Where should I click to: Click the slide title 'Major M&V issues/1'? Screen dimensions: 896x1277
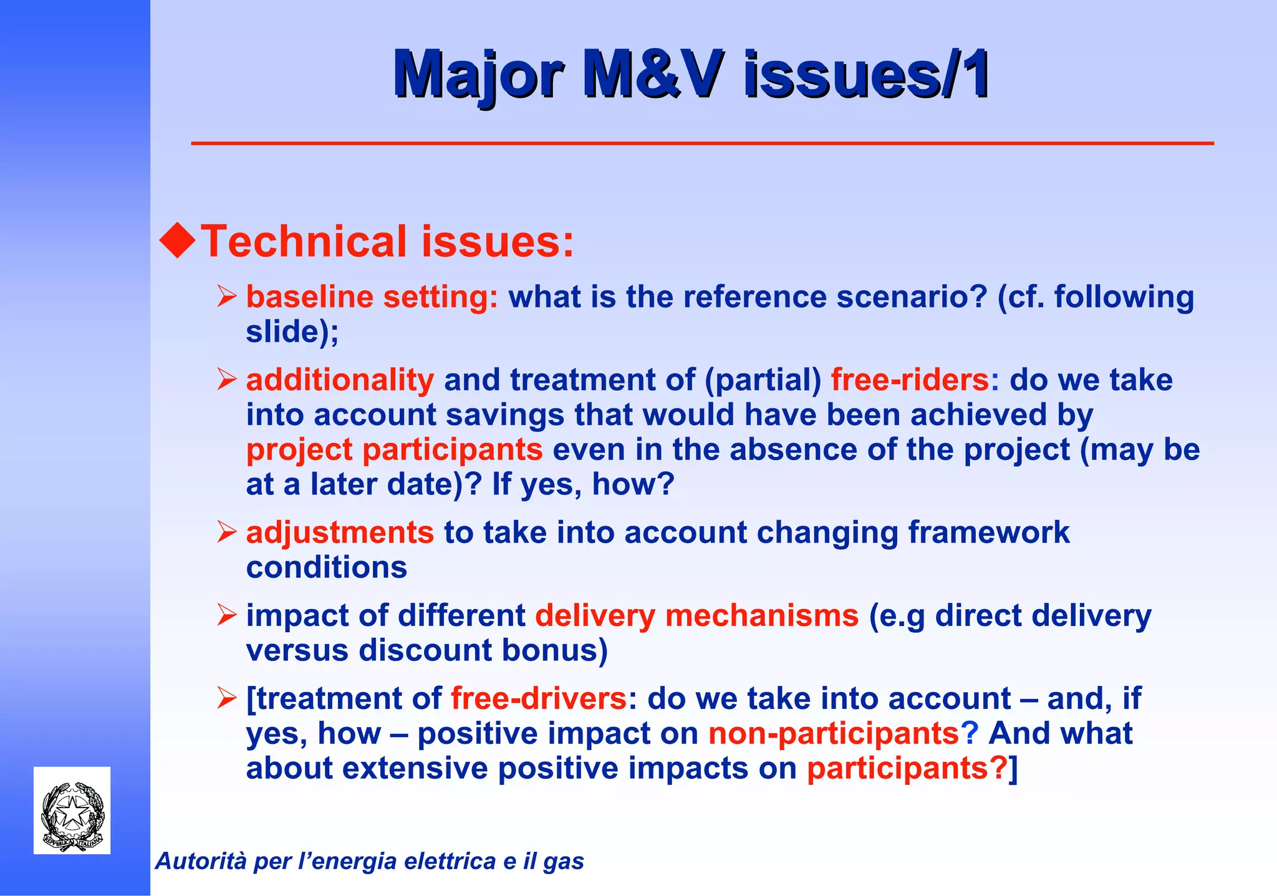pos(691,75)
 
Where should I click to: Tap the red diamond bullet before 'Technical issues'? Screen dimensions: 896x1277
pos(178,241)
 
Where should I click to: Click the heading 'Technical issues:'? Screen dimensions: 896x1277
pos(387,242)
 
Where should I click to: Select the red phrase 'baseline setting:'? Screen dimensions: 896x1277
pos(372,297)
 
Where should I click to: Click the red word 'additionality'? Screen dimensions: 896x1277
pos(340,380)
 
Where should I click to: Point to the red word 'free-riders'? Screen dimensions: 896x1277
pos(910,380)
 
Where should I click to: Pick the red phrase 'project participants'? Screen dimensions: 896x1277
pos(394,450)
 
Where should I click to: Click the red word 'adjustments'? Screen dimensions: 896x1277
pos(340,533)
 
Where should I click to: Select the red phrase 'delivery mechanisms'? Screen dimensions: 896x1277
pos(696,616)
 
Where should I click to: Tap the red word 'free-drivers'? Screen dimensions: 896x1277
pos(538,699)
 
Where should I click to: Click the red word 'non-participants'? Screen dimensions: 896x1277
pos(834,734)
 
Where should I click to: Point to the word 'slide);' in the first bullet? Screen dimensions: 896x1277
pos(292,332)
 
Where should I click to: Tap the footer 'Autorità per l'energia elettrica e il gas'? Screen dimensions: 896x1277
pos(369,862)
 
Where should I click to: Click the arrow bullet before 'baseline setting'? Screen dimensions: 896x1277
pos(226,297)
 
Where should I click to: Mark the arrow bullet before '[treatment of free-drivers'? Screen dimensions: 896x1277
pos(226,699)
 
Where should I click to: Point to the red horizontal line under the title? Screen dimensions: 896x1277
pos(702,144)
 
